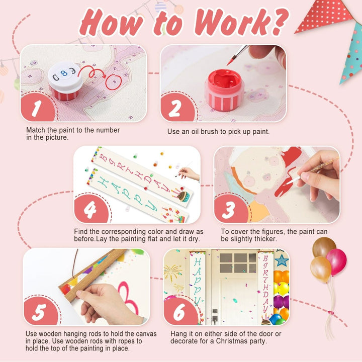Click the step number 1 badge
pyautogui.click(x=37, y=107)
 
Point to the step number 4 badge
pyautogui.click(x=91, y=209)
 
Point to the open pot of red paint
pyautogui.click(x=224, y=90)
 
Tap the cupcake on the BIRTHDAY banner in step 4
pyautogui.click(x=184, y=196)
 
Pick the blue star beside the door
pyautogui.click(x=282, y=260)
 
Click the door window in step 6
pyautogui.click(x=238, y=263)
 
